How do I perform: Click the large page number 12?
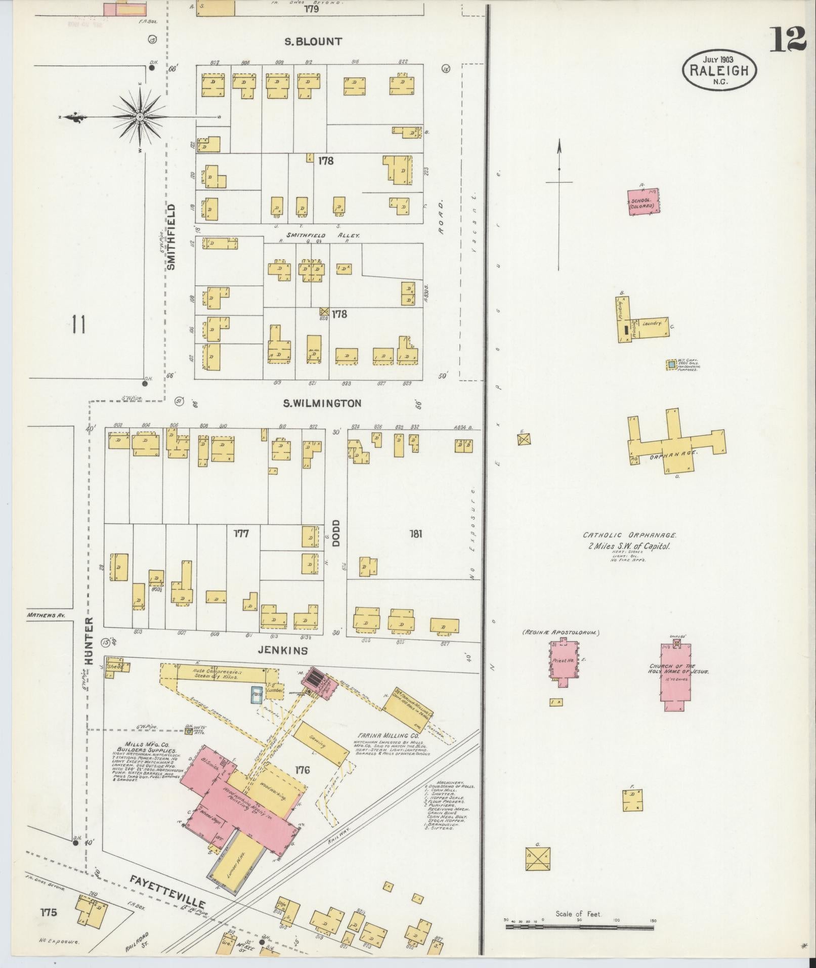[x=788, y=39]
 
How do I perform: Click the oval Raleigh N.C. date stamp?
[x=720, y=71]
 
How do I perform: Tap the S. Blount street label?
[x=313, y=41]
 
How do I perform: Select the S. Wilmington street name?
[x=322, y=403]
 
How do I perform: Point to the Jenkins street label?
[x=283, y=651]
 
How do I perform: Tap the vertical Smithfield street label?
[x=171, y=236]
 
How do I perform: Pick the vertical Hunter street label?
[x=90, y=641]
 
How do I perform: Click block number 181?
[x=416, y=533]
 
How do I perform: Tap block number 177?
[x=241, y=533]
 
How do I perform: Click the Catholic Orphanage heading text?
[x=630, y=535]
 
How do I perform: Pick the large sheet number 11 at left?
[x=78, y=324]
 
